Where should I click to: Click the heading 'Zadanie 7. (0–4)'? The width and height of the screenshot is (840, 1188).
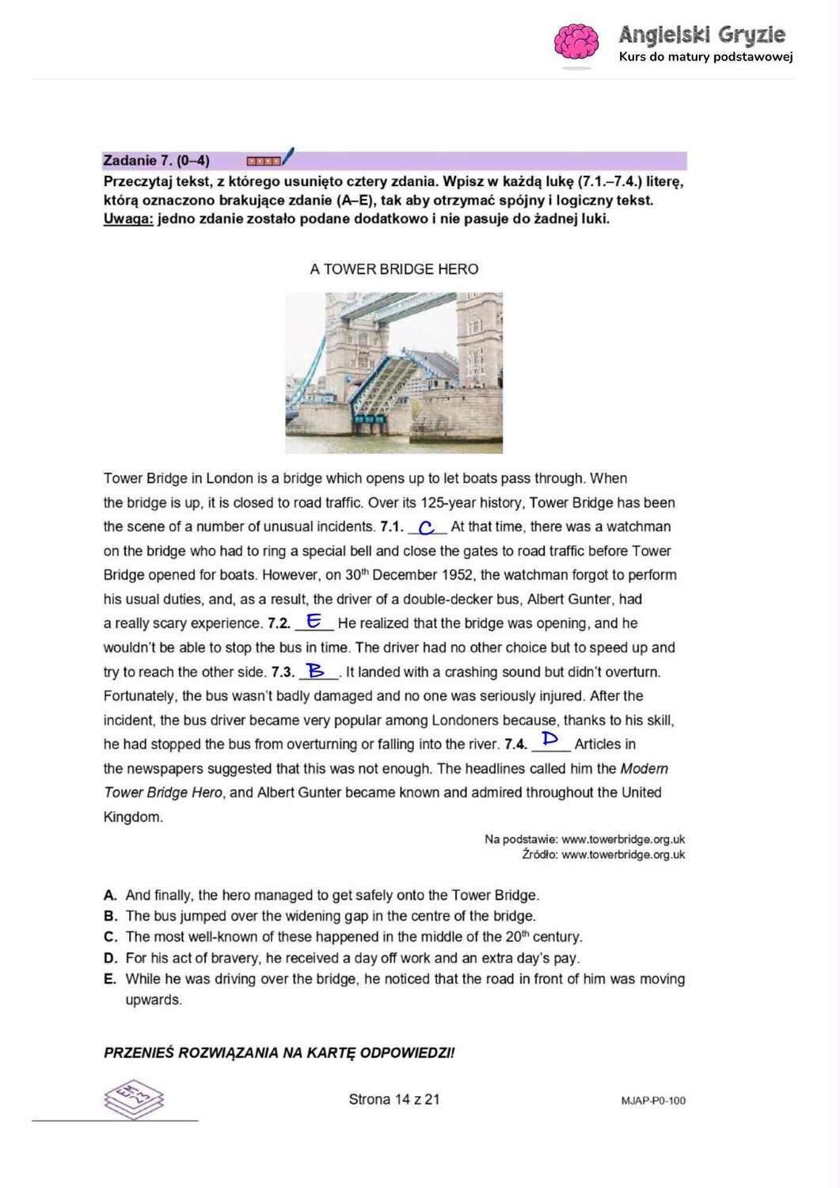157,161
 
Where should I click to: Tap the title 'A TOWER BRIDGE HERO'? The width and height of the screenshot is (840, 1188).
394,269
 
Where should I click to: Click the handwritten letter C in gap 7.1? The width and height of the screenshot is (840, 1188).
427,527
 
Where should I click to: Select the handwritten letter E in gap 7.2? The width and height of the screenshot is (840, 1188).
314,622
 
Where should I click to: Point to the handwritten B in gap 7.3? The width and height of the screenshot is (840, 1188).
317,671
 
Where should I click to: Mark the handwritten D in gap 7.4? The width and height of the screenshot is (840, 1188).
550,740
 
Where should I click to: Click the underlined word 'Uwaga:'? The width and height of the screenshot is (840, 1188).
128,219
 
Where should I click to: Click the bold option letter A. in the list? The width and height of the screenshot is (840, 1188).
110,896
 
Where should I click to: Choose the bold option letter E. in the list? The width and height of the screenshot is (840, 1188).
110,979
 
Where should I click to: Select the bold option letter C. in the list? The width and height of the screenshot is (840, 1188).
110,937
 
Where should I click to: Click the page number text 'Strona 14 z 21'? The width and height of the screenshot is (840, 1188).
394,1099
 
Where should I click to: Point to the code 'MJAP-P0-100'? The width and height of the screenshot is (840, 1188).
653,1101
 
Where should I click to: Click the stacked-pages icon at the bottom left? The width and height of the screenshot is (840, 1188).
134,1099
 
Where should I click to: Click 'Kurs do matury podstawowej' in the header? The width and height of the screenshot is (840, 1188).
705,57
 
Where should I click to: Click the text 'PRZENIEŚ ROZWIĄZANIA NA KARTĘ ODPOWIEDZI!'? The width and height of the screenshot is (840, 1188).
279,1053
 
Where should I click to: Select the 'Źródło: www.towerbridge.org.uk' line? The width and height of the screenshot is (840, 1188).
603,855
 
